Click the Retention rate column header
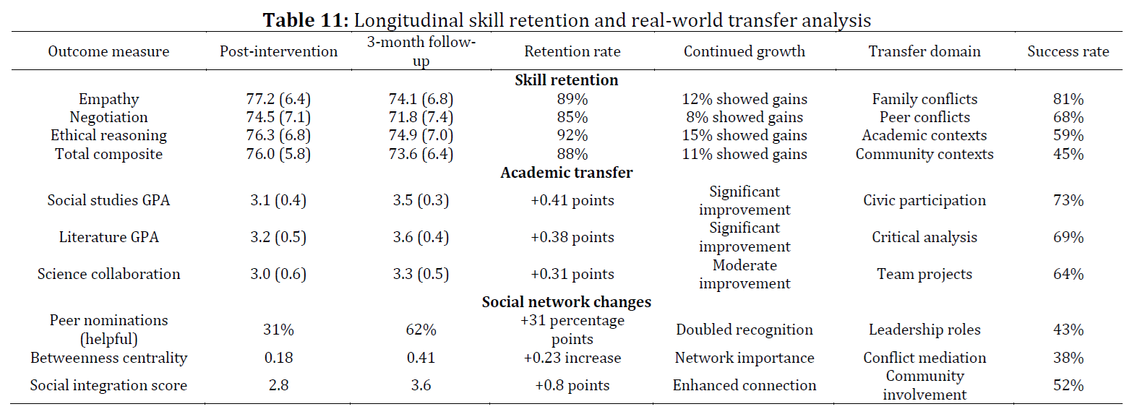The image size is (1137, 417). [572, 51]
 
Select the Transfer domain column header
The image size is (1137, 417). [924, 51]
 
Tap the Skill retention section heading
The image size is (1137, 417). [566, 80]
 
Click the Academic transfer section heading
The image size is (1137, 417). [566, 173]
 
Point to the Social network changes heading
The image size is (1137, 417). [566, 302]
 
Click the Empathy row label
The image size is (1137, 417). [108, 99]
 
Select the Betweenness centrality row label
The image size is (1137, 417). [108, 358]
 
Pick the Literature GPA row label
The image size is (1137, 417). [108, 237]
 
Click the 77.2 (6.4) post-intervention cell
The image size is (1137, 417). [278, 99]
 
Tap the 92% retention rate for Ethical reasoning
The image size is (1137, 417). [572, 135]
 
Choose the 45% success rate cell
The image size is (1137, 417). [1068, 154]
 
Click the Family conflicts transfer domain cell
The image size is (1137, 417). [924, 99]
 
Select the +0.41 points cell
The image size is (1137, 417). [572, 200]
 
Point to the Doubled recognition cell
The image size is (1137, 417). [744, 330]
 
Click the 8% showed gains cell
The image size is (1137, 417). [744, 117]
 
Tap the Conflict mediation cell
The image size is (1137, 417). [924, 358]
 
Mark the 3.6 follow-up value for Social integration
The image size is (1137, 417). [421, 385]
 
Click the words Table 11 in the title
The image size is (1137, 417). [306, 20]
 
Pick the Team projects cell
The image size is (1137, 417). [924, 274]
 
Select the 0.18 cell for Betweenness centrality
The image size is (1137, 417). [278, 358]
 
